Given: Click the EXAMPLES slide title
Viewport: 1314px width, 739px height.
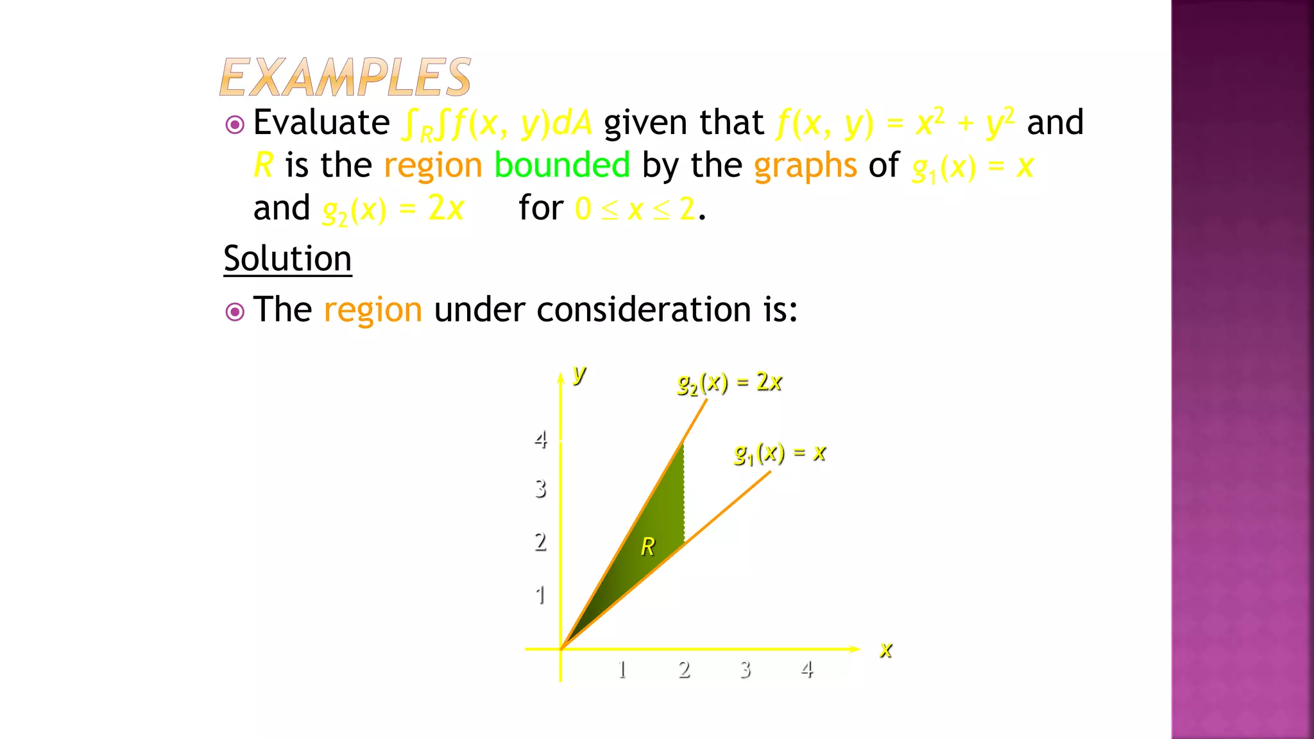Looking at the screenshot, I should pyautogui.click(x=345, y=77).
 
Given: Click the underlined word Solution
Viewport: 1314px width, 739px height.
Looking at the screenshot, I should pyautogui.click(x=287, y=259).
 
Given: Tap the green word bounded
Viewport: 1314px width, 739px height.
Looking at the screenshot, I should pyautogui.click(x=562, y=166).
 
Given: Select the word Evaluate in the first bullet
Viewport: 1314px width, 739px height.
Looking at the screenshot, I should pyautogui.click(x=321, y=122).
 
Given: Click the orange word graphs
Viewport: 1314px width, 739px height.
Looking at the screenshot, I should pyautogui.click(x=805, y=166).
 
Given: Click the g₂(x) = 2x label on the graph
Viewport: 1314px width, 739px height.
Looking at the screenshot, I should pyautogui.click(x=730, y=383).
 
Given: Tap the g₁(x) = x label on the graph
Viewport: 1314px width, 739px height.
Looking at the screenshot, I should pyautogui.click(x=780, y=454).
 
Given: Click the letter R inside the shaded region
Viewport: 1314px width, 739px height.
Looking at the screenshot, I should pyautogui.click(x=648, y=547).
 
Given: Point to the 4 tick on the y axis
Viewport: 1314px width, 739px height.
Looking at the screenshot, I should pyautogui.click(x=541, y=440).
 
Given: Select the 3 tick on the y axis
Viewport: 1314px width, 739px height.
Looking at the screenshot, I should pyautogui.click(x=541, y=489).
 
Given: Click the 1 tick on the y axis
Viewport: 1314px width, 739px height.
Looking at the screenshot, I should pyautogui.click(x=541, y=595).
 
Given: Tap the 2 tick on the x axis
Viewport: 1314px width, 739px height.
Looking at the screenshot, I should pyautogui.click(x=684, y=670).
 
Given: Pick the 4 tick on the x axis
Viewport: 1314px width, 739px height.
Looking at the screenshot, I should pyautogui.click(x=807, y=670).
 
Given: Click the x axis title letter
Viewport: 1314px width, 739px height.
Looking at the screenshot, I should pyautogui.click(x=886, y=650).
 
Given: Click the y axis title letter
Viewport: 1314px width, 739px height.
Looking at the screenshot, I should pyautogui.click(x=579, y=373).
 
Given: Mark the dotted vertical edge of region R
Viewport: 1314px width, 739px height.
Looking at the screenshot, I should pyautogui.click(x=684, y=494).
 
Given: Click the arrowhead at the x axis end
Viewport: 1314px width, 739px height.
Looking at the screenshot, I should pyautogui.click(x=855, y=649).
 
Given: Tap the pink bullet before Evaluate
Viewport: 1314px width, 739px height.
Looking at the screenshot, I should pyautogui.click(x=235, y=124).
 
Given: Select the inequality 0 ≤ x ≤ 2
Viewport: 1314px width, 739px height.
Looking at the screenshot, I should pyautogui.click(x=635, y=209).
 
